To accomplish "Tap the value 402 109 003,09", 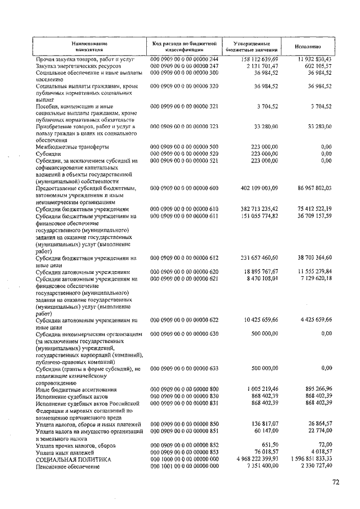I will [x=251, y=188].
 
